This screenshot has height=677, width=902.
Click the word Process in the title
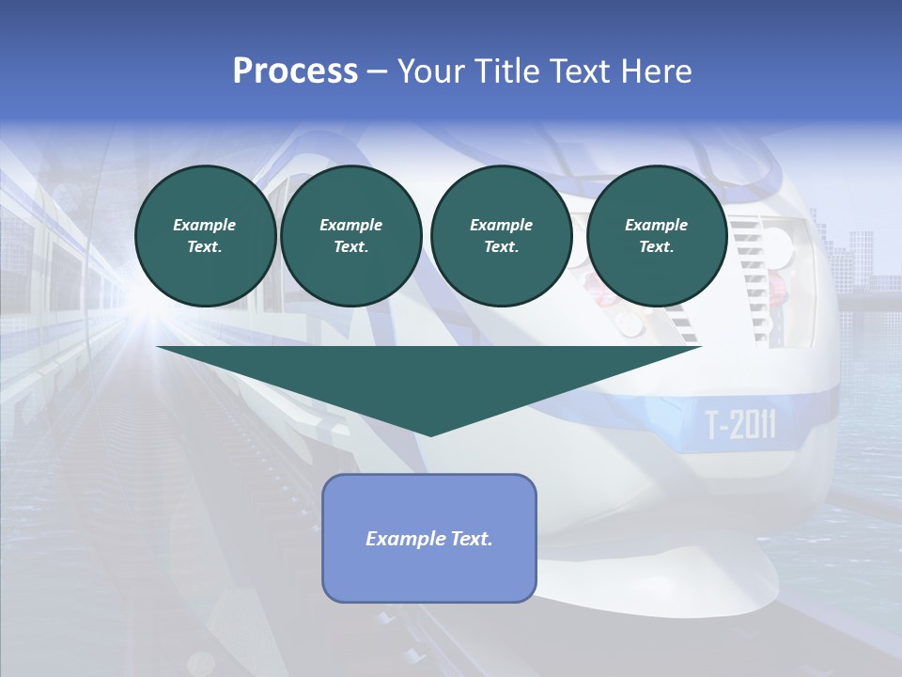tap(295, 71)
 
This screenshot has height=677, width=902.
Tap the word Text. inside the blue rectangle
tap(470, 539)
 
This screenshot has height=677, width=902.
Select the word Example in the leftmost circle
tap(205, 225)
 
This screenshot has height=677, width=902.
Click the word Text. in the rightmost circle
tap(657, 246)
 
